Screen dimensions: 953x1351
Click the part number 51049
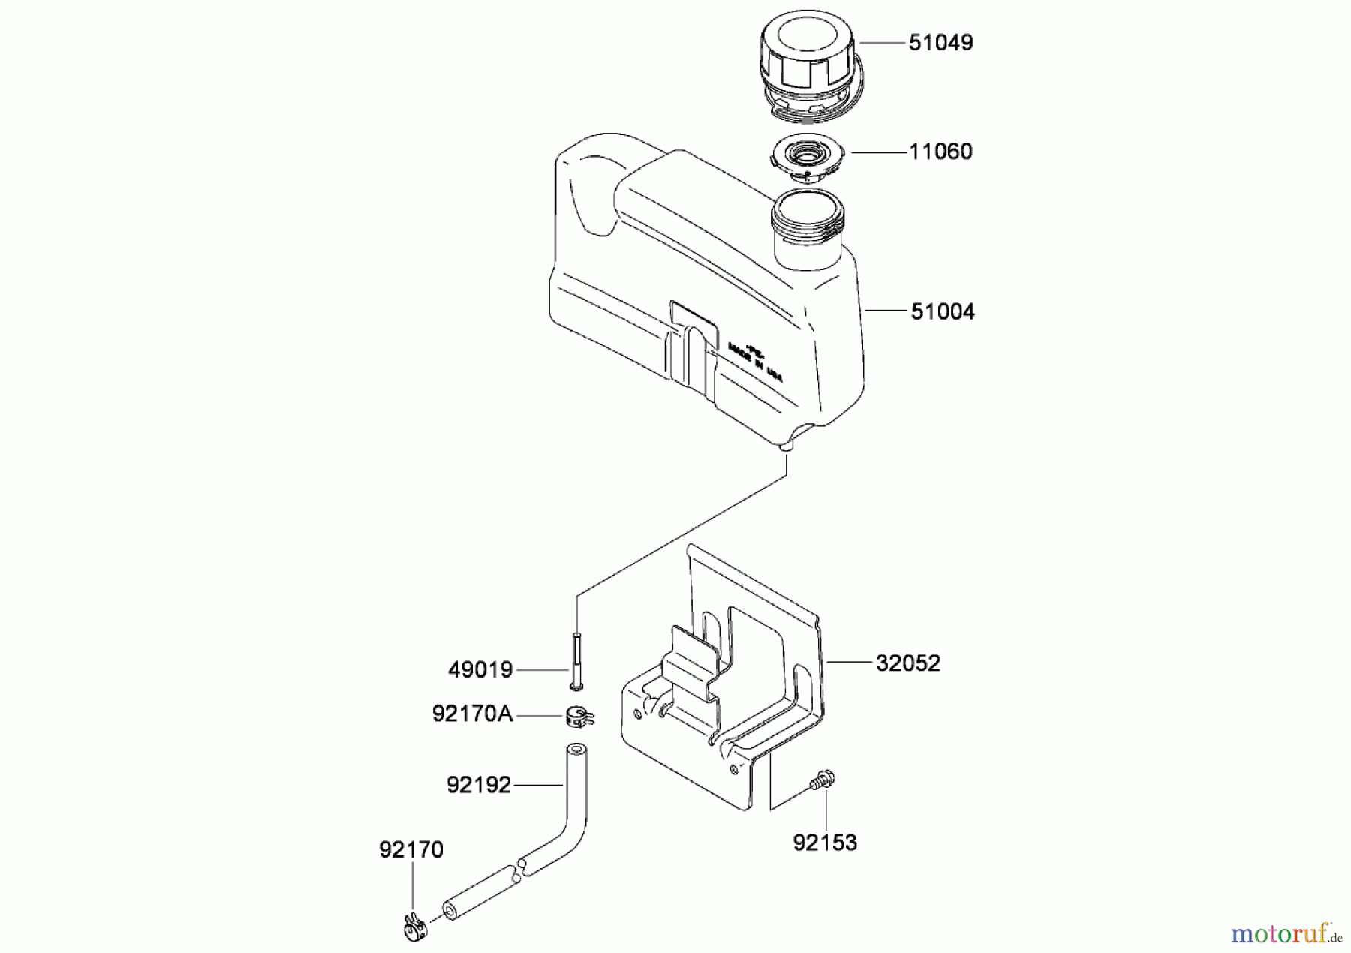[940, 43]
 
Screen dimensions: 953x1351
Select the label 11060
[940, 152]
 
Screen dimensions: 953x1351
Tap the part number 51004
[943, 311]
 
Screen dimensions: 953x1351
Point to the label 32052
[907, 663]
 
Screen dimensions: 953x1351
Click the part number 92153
[825, 843]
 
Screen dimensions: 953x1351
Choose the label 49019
[480, 670]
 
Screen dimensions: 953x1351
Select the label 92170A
[472, 714]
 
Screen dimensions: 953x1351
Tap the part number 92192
[479, 785]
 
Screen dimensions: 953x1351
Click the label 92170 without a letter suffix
[411, 850]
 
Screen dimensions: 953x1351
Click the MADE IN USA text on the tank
[754, 363]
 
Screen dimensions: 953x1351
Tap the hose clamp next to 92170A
[579, 717]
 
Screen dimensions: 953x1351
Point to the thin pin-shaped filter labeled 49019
[576, 660]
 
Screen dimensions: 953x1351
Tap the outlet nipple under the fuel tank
[787, 444]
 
